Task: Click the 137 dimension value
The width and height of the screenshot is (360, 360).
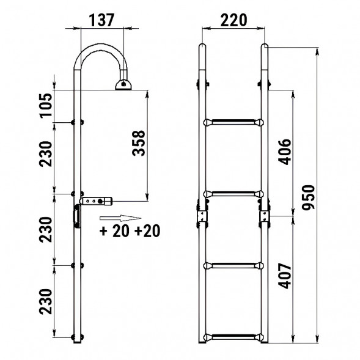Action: (101, 20)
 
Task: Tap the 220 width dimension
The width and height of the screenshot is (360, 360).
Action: (233, 20)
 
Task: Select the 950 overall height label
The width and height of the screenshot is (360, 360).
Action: (308, 197)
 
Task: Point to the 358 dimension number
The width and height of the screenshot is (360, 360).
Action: (139, 143)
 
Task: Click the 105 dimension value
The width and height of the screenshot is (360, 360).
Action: (46, 106)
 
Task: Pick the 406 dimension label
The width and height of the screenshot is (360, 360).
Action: (284, 152)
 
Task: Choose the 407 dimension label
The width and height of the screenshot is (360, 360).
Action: (284, 276)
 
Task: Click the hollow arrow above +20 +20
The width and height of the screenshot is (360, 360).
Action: (120, 218)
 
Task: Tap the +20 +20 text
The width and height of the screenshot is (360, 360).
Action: (130, 231)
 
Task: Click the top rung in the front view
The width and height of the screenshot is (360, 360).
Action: (233, 122)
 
